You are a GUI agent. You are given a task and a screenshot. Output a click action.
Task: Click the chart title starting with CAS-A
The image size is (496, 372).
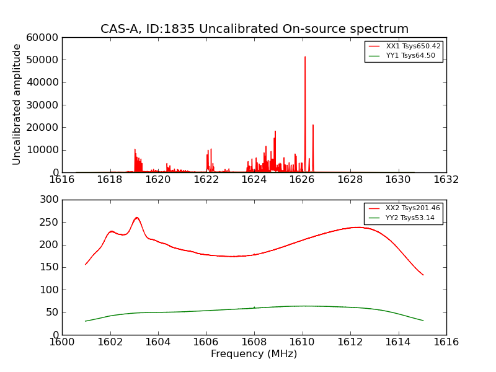click(x=254, y=29)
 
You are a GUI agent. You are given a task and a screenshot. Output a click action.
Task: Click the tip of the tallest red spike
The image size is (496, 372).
click(x=305, y=57)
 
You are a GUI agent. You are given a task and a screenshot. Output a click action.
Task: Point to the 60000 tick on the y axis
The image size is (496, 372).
click(x=43, y=38)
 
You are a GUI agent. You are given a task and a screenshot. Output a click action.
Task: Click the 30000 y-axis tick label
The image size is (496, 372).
click(x=43, y=105)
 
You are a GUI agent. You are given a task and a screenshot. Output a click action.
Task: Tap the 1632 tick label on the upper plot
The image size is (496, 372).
click(x=446, y=179)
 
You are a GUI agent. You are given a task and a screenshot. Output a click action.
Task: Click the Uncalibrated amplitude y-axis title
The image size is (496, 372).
click(x=17, y=104)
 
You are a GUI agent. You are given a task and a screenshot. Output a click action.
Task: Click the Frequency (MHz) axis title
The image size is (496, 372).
click(x=254, y=354)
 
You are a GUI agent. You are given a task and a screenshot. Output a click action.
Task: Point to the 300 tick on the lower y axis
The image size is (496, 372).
click(x=50, y=200)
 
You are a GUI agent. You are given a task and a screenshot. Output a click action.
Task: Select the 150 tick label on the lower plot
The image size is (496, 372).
click(x=50, y=267)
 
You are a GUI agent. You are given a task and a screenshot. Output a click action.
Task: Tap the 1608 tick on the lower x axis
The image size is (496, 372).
click(x=254, y=342)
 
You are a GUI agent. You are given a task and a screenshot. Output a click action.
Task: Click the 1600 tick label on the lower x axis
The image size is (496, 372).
click(x=62, y=342)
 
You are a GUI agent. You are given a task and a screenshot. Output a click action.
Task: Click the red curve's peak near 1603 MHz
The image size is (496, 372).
click(x=136, y=218)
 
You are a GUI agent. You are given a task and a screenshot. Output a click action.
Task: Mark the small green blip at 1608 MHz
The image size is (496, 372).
click(x=254, y=306)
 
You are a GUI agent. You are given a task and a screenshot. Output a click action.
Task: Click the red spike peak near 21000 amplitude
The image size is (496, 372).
click(x=313, y=125)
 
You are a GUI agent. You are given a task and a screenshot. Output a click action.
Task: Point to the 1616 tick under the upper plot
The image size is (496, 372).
click(x=62, y=179)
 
